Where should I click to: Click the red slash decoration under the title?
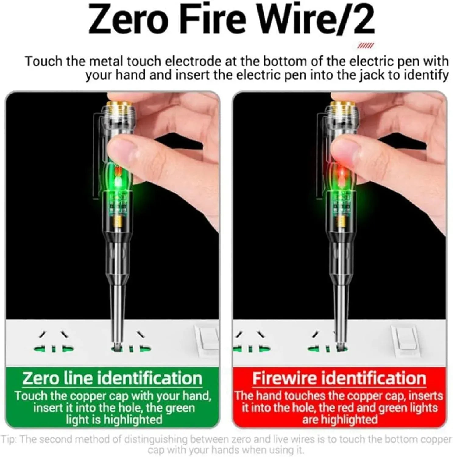[365, 46]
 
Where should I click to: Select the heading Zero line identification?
[112, 378]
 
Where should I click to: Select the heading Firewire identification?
[339, 378]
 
